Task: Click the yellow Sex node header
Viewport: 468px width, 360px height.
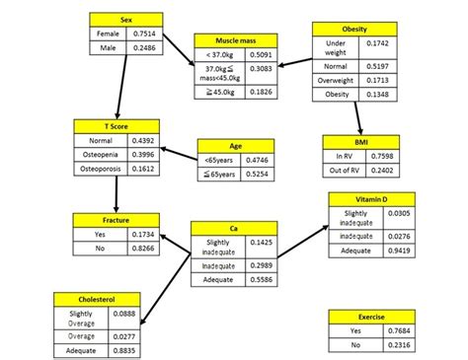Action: tap(125, 20)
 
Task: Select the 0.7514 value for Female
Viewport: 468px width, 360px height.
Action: tap(144, 34)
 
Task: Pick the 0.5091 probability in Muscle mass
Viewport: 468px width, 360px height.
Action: tap(261, 55)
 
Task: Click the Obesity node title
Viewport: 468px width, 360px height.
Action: tap(353, 29)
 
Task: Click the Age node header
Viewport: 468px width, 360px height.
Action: tap(233, 144)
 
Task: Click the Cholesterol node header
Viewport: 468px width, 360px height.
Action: tap(96, 298)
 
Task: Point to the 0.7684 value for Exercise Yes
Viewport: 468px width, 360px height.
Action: tap(391, 331)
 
